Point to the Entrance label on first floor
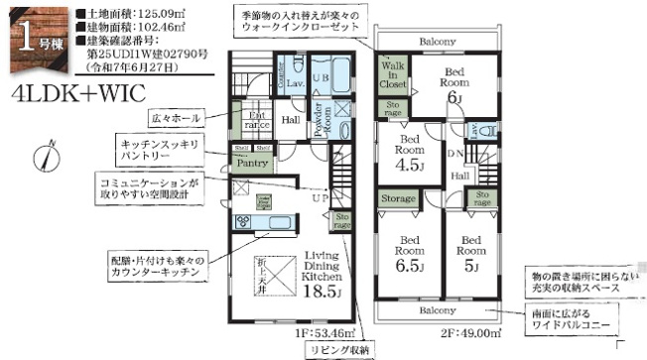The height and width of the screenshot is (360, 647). tap(257, 121)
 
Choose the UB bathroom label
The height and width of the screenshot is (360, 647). tap(321, 77)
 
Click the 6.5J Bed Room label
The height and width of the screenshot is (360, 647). tap(410, 254)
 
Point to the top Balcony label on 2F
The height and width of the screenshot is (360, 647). tap(436, 42)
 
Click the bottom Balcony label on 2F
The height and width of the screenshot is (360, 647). tap(437, 309)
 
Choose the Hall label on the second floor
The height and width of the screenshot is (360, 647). tap(461, 176)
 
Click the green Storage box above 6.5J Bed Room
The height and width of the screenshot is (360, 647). tap(399, 199)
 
